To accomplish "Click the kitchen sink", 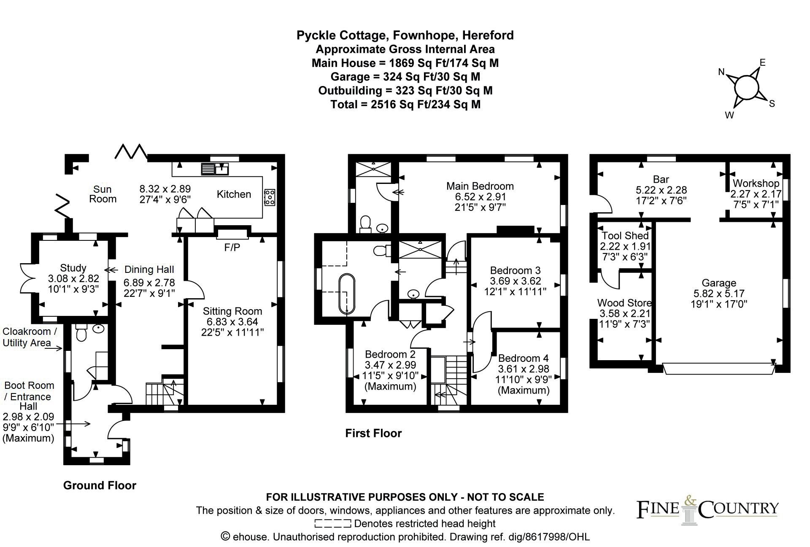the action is (215, 169).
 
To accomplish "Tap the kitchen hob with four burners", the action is (269, 197).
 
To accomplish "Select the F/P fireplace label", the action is (232, 247).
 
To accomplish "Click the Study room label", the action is (73, 268).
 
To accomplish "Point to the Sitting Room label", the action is (232, 311).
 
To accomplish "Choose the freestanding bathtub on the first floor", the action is (347, 294).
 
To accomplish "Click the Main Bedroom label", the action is (480, 186).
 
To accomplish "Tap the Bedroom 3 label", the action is (515, 270).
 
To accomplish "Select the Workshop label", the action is (756, 183).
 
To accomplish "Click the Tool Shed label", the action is (625, 236).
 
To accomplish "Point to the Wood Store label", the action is (624, 303).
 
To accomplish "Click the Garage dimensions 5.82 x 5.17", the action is (719, 294).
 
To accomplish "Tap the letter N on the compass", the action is (722, 72).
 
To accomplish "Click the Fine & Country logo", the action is (707, 510).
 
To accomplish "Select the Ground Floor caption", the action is (100, 485).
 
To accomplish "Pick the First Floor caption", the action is (373, 433).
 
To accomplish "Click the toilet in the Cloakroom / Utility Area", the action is (81, 333).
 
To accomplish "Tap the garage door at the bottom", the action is (718, 368).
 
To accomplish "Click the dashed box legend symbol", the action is (332, 524).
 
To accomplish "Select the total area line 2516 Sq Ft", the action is (405, 104).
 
